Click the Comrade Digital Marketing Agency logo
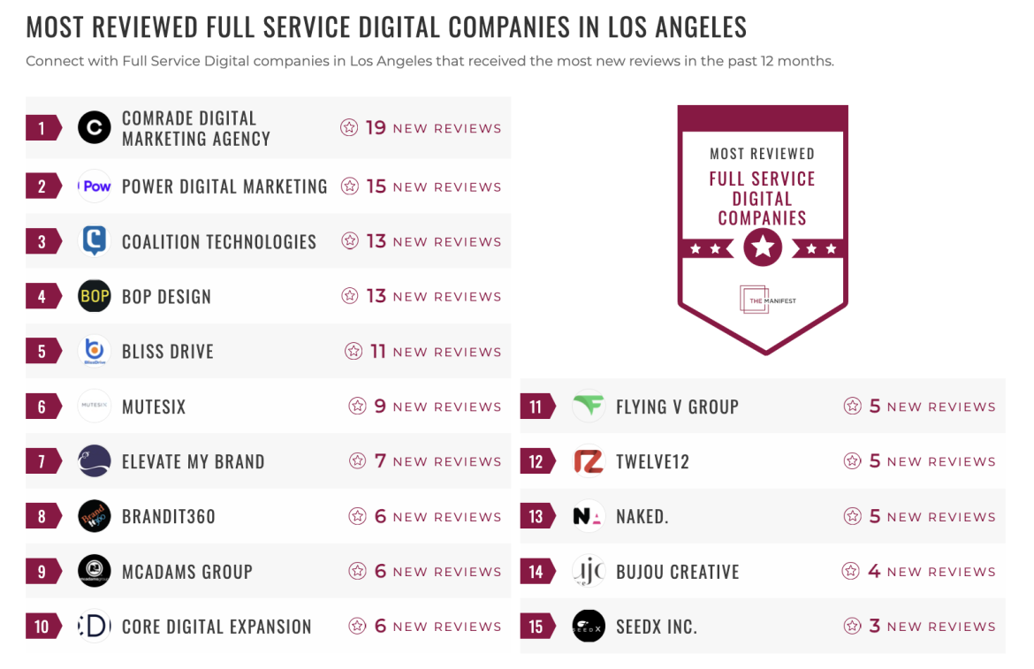(95, 128)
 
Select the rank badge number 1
(42, 128)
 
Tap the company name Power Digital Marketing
(224, 186)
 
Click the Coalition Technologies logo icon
(95, 240)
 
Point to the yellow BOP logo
(95, 296)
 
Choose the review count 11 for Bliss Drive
(378, 352)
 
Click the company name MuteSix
(154, 407)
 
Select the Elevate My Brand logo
(95, 461)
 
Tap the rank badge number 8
(42, 517)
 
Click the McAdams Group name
(187, 572)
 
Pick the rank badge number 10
(42, 627)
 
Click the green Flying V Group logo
(589, 407)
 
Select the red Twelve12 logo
(589, 461)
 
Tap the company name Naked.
(642, 517)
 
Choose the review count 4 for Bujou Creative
(874, 572)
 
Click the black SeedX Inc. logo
(589, 627)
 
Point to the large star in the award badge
(763, 248)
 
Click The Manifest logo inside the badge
(763, 300)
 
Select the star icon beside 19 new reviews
(349, 128)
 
